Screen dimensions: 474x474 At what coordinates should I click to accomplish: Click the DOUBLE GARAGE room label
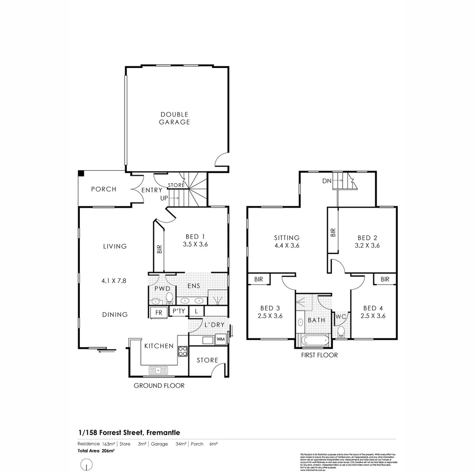pyautogui.click(x=174, y=118)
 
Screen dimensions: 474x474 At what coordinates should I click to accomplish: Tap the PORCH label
pyautogui.click(x=104, y=189)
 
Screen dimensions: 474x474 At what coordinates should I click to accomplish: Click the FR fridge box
pyautogui.click(x=157, y=312)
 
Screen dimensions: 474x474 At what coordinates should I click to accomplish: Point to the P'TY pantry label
pyautogui.click(x=178, y=311)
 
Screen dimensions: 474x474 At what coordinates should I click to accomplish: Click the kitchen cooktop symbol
pyautogui.click(x=182, y=351)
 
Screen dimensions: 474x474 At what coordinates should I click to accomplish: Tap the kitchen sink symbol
pyautogui.click(x=158, y=370)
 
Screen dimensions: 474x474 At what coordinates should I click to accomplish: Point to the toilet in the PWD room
pyautogui.click(x=169, y=298)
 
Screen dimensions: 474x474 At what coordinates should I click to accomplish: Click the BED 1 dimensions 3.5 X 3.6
pyautogui.click(x=195, y=245)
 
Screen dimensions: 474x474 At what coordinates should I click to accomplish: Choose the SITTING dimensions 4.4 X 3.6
pyautogui.click(x=287, y=246)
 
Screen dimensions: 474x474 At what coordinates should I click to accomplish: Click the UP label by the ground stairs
pyautogui.click(x=163, y=198)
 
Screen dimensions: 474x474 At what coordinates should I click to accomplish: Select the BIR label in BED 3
pyautogui.click(x=258, y=279)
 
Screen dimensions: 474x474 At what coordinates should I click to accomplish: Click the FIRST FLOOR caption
pyautogui.click(x=320, y=355)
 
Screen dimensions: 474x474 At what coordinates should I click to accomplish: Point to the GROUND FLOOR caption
pyautogui.click(x=159, y=386)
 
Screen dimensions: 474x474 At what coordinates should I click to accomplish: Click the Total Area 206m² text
pyautogui.click(x=97, y=450)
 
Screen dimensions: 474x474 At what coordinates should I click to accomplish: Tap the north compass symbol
pyautogui.click(x=87, y=464)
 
